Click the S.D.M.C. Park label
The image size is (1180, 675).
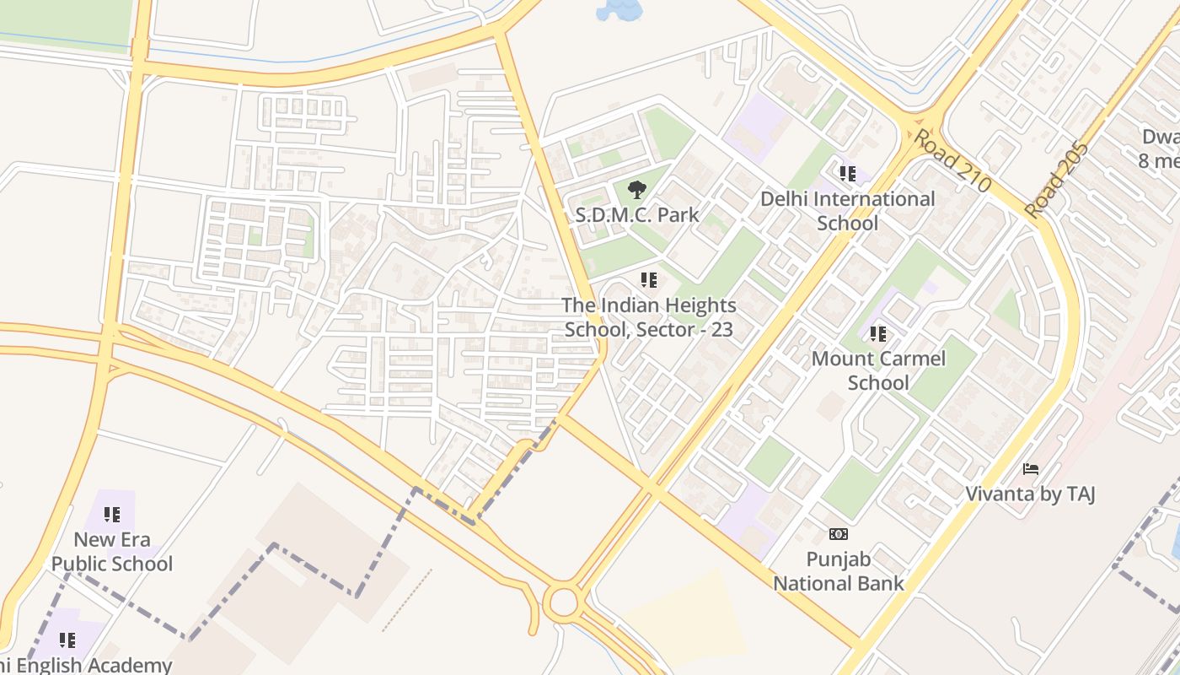[x=637, y=214]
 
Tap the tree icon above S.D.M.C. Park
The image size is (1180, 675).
[x=637, y=189]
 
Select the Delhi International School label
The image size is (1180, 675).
[x=847, y=211]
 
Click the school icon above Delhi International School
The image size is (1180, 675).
[x=847, y=174]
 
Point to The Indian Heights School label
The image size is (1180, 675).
[x=649, y=317]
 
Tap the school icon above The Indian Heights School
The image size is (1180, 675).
[x=648, y=279]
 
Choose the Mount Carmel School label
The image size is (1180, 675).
[x=878, y=370]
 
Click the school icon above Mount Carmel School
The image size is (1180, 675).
[x=878, y=333]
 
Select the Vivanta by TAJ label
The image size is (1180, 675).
[x=1030, y=494]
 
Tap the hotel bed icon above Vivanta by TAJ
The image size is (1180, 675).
[x=1030, y=468]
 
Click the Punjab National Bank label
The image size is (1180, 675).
[x=839, y=570]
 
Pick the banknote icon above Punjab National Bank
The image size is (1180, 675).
[x=839, y=533]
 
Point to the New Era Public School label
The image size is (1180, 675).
[x=112, y=552]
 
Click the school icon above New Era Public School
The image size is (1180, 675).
[x=112, y=514]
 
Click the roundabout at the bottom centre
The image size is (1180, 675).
[x=560, y=602]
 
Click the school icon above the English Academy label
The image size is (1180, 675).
[x=67, y=640]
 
